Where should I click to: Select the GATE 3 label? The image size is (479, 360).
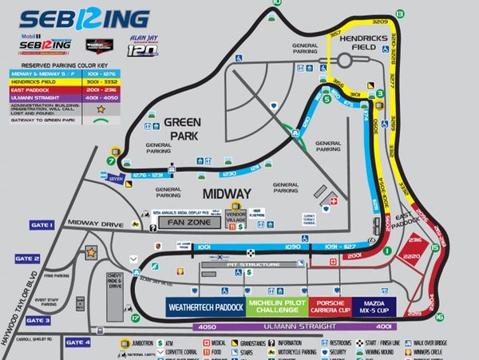click(x=37, y=320)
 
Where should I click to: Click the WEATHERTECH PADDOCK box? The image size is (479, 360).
click(x=204, y=307)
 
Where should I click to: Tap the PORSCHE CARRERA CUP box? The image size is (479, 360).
click(x=328, y=307)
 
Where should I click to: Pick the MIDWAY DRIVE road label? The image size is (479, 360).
click(x=96, y=224)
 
